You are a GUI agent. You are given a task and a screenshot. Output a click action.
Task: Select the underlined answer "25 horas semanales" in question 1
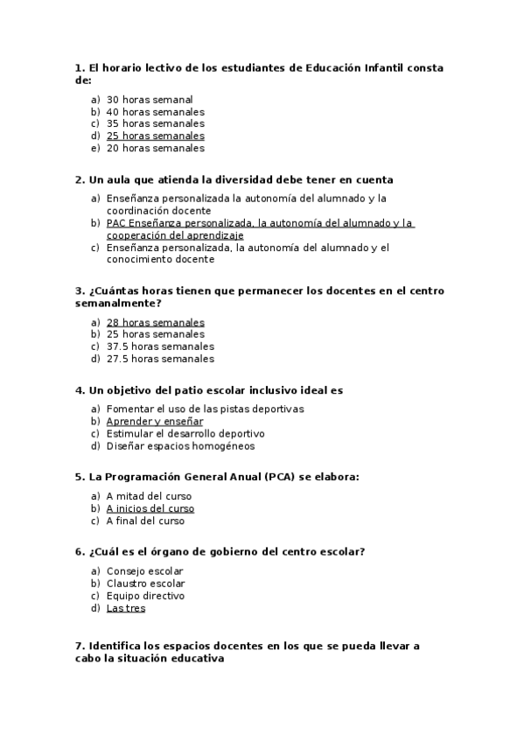pos(155,136)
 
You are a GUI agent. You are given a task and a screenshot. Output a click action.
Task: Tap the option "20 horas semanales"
pos(155,148)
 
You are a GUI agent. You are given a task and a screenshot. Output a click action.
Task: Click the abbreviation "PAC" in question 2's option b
pos(116,223)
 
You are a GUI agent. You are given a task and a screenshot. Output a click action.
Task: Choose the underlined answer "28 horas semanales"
pos(155,322)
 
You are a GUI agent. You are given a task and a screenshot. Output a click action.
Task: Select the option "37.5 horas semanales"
pos(160,346)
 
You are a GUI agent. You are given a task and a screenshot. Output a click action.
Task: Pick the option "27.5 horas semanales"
pos(160,358)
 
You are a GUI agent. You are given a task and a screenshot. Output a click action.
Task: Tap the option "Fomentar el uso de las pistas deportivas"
pos(205,409)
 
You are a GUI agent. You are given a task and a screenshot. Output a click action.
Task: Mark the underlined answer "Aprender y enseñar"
pos(154,421)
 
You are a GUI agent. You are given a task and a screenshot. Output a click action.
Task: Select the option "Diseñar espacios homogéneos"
pos(180,445)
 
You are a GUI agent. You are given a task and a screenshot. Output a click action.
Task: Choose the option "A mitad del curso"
pos(149,496)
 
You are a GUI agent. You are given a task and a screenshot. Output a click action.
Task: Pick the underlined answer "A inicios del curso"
pos(150,508)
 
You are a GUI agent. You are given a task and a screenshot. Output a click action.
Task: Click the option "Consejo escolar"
pos(144,571)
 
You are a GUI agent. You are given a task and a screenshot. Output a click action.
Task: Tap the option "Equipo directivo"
pos(145,596)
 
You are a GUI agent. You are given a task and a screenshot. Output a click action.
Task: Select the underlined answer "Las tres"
pos(126,608)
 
